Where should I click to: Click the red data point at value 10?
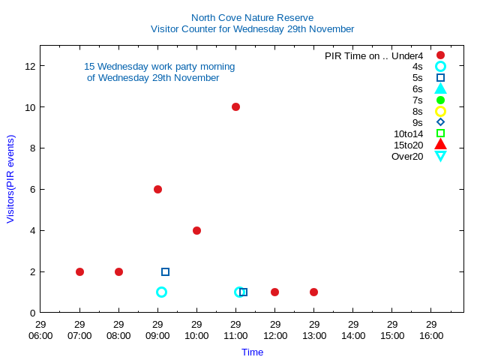(x=235, y=106)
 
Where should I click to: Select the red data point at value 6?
(x=157, y=189)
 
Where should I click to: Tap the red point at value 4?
(x=196, y=230)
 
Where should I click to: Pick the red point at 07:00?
(x=79, y=271)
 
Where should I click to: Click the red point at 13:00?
(x=313, y=292)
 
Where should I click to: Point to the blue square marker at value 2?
(x=165, y=271)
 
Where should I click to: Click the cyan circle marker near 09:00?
(x=161, y=292)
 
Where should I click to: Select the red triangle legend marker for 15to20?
(x=440, y=145)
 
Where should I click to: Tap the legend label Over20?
(x=407, y=156)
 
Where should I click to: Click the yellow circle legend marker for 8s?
(x=440, y=111)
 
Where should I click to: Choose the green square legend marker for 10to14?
(x=440, y=133)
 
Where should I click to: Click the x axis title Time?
(x=252, y=352)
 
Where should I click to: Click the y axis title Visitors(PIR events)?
(x=10, y=178)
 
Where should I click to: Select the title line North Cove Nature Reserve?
(x=252, y=17)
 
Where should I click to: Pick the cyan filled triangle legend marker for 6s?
(x=440, y=88)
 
